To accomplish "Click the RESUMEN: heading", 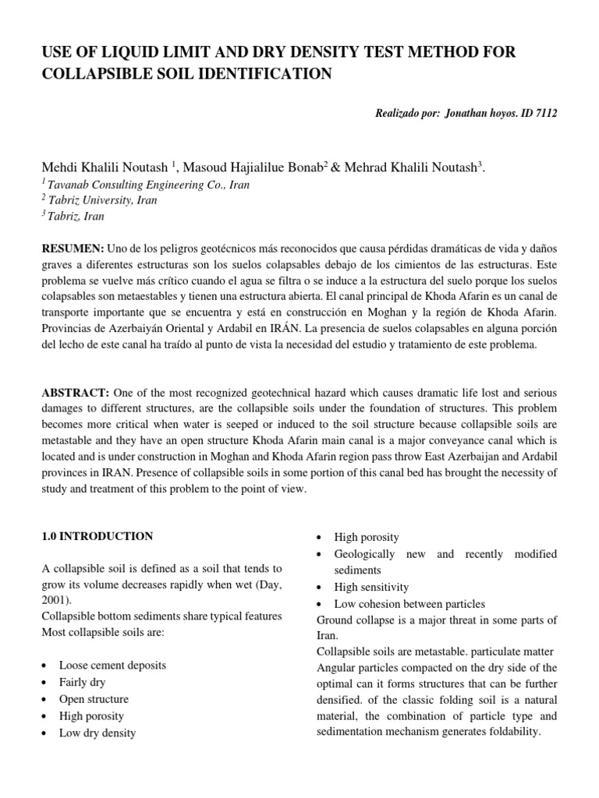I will click(73, 247).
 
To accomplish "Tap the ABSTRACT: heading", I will click(74, 393).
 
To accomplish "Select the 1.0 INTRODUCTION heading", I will click(97, 536).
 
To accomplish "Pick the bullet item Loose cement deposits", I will click(112, 666).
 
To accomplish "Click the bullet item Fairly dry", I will click(83, 683).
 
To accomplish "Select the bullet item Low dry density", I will click(97, 733).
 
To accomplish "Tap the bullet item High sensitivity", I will click(371, 587).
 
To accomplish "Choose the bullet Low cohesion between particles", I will click(409, 603).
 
